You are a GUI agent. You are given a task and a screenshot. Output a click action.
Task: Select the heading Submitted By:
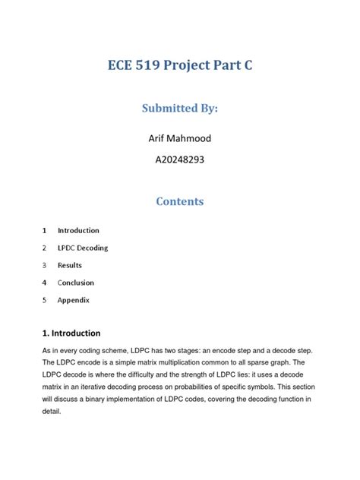(x=180, y=109)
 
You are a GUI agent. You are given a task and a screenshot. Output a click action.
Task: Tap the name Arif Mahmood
(x=180, y=138)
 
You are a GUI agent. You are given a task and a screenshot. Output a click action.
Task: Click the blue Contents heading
(x=180, y=202)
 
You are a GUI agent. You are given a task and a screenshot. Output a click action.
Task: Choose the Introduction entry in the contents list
(x=78, y=230)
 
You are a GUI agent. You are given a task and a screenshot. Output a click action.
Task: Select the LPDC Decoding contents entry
(x=83, y=248)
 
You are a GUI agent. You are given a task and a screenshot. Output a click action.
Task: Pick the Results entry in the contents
(x=70, y=265)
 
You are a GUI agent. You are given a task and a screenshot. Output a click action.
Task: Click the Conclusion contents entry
(x=76, y=283)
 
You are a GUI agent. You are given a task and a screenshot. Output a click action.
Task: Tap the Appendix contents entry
(x=74, y=300)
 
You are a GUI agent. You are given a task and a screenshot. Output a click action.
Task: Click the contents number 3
(x=45, y=265)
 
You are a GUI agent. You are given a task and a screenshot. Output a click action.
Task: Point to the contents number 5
(x=45, y=300)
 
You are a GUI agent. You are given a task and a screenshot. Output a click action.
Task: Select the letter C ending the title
(x=247, y=66)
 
